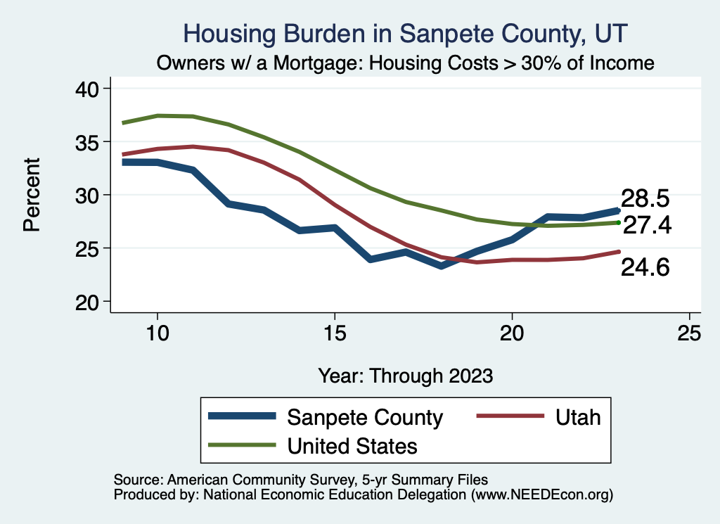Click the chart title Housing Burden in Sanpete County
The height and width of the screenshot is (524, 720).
click(x=404, y=34)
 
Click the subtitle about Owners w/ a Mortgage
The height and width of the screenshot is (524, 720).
click(x=406, y=63)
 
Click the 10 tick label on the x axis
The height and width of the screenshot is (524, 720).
click(x=157, y=333)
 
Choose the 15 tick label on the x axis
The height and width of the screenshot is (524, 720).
click(x=335, y=333)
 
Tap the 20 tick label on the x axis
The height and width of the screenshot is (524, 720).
click(x=512, y=333)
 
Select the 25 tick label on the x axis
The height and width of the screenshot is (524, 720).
click(x=689, y=333)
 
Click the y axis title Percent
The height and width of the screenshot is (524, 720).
click(x=32, y=195)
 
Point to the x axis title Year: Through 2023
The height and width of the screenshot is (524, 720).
click(x=405, y=375)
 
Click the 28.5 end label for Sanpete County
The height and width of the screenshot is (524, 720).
click(x=644, y=199)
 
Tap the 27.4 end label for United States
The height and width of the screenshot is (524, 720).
click(x=648, y=224)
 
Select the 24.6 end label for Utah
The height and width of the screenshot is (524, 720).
click(x=644, y=267)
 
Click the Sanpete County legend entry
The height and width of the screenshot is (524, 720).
click(x=365, y=417)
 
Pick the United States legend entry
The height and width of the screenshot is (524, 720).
click(x=352, y=445)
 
